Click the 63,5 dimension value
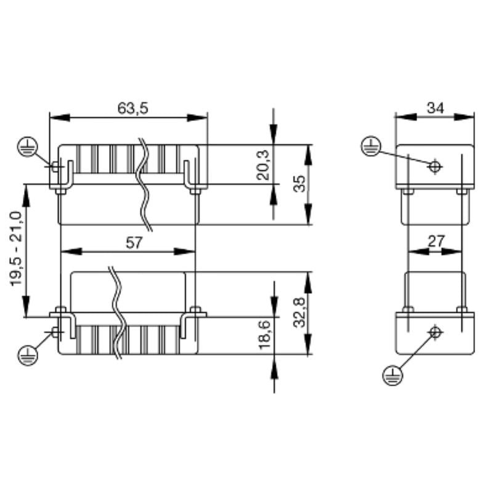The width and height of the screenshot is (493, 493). coord(132,108)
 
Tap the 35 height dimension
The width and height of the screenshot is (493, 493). coord(299,184)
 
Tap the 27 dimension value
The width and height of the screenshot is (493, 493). coord(436,242)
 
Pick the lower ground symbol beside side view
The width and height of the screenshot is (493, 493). coord(392,374)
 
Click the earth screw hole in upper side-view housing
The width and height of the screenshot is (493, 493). coord(434,166)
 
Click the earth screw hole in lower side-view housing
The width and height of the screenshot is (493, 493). coord(435,332)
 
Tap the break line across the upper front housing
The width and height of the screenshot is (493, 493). coord(145,185)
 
